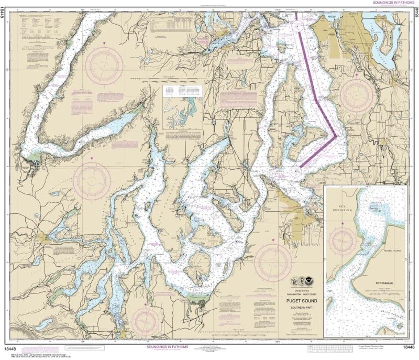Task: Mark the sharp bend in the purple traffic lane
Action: point(336,136)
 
